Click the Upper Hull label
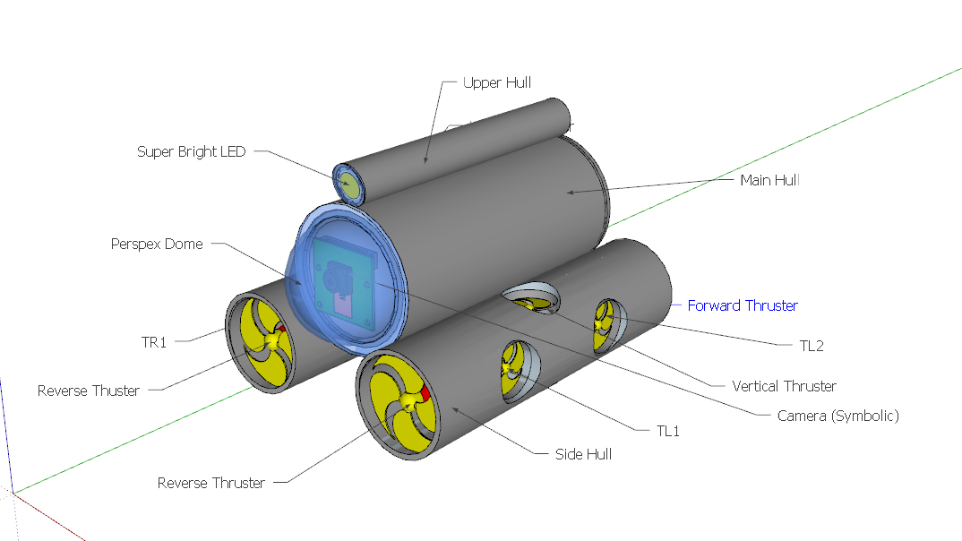tap(497, 82)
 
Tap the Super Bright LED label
tap(191, 151)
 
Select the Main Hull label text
tap(769, 180)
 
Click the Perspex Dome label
tap(157, 244)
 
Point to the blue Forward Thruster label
tap(743, 305)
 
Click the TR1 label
tap(154, 341)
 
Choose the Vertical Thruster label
tap(784, 386)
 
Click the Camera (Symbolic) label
tap(837, 416)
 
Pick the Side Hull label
tap(583, 454)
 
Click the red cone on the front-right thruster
tap(426, 394)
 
